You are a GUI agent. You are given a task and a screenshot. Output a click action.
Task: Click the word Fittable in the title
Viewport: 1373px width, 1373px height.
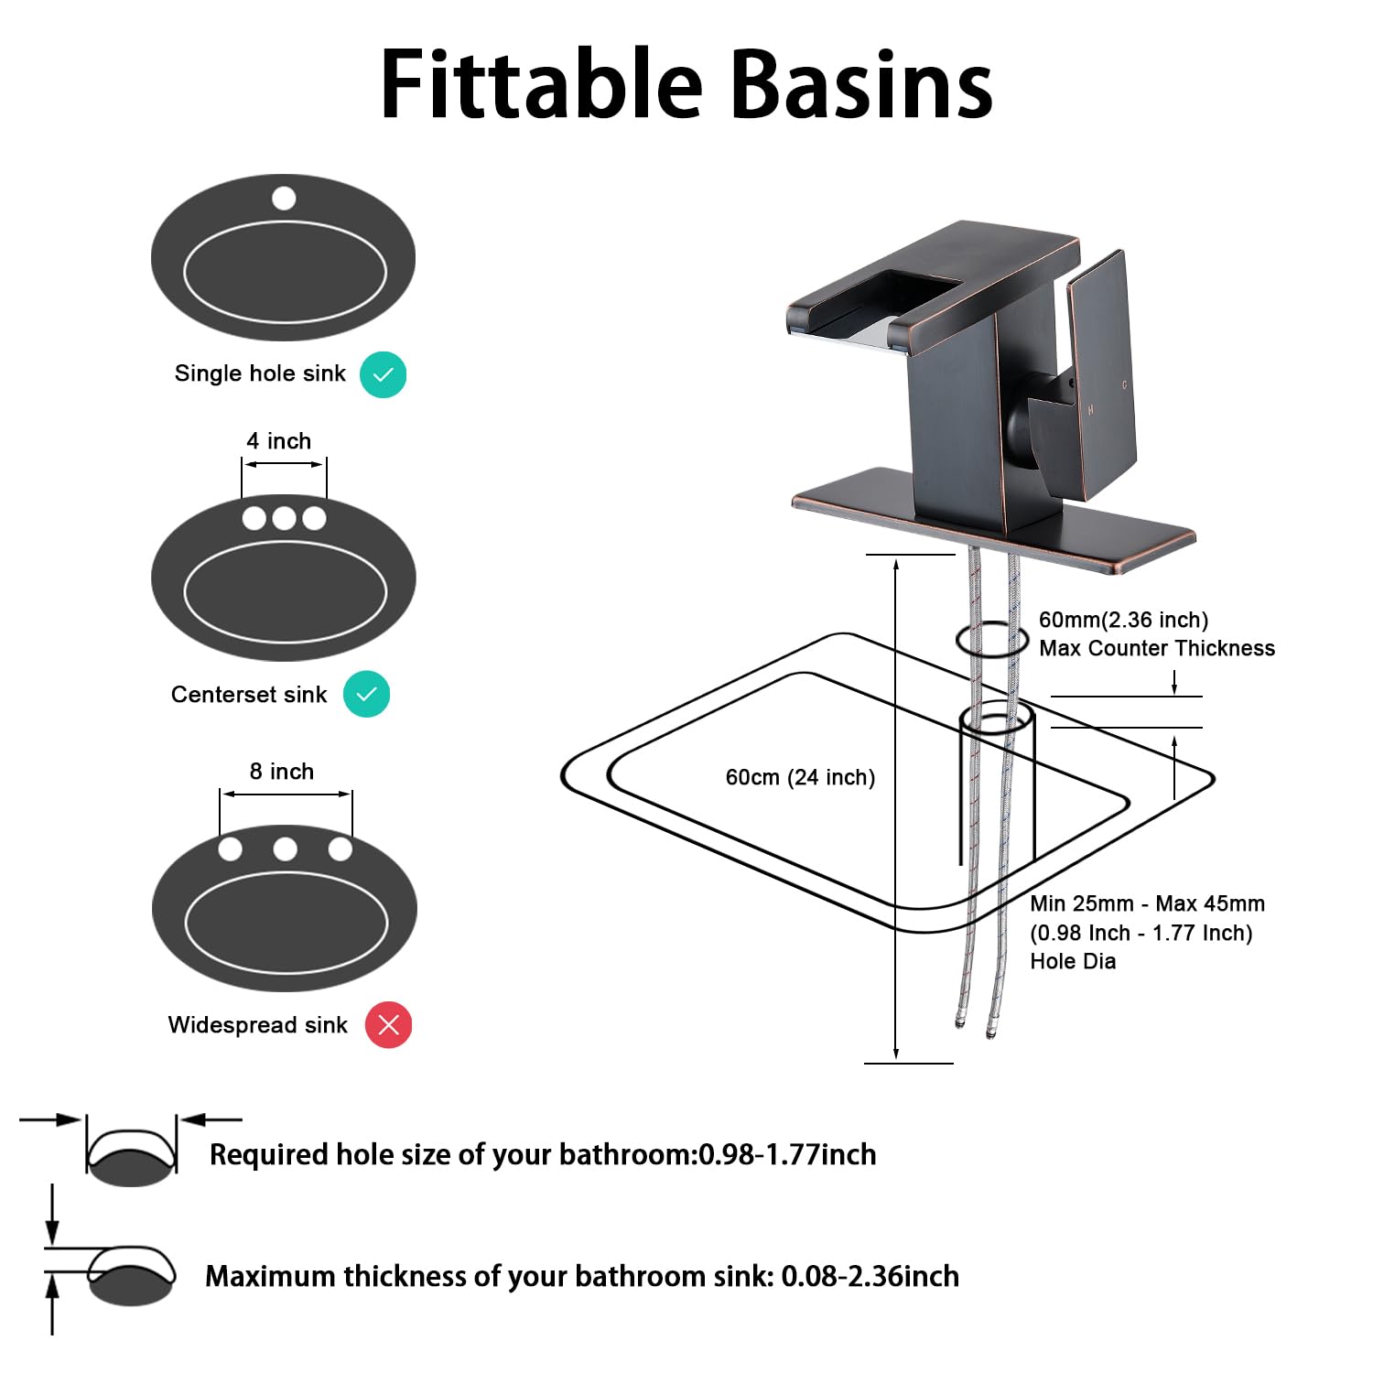coord(541,84)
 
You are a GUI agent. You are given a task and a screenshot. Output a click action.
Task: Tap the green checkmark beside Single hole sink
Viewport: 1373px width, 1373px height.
coord(383,374)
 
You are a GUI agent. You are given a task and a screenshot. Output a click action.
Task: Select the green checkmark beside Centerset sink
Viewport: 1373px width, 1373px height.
coord(366,694)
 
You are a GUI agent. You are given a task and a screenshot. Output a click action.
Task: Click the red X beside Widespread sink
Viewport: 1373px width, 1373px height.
coord(388,1025)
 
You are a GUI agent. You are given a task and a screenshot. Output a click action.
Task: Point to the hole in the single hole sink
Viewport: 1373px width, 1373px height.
coord(284,198)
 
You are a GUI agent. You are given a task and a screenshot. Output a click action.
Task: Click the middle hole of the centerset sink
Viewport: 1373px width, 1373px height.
coord(284,518)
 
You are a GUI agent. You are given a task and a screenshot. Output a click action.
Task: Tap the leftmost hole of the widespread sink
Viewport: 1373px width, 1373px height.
coord(231,849)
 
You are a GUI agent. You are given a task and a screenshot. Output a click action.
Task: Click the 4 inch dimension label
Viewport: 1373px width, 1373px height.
coord(278,441)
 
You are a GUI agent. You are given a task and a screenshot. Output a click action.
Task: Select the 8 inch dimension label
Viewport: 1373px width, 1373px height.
coord(282,772)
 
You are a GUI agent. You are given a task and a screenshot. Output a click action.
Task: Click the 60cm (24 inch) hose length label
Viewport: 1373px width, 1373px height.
coord(800,777)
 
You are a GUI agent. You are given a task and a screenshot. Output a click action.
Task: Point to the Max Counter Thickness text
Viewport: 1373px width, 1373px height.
coord(1156,648)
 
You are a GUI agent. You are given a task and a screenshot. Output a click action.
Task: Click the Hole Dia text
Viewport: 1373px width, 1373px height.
coord(1073,961)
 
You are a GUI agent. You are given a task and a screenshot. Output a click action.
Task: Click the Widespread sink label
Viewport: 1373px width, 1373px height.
coord(257,1025)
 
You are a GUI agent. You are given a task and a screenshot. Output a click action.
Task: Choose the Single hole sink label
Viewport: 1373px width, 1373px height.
coord(260,373)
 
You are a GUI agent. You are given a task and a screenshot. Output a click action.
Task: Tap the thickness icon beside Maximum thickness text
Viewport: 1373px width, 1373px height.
coord(130,1275)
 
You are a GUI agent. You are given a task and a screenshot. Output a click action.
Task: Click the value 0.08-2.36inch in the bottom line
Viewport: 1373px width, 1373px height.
coord(870,1276)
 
